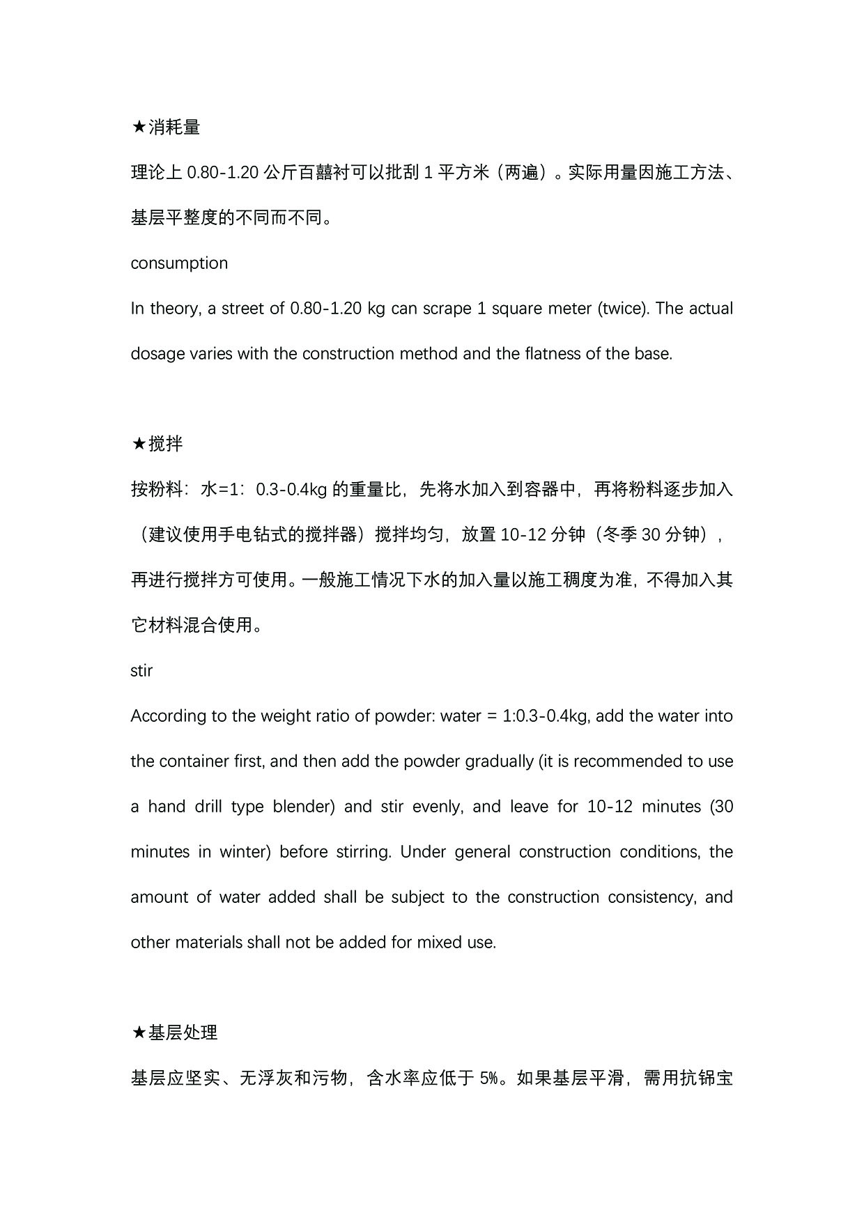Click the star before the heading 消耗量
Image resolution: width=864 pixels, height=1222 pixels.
pos(139,127)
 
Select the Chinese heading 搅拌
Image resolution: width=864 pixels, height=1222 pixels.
pos(166,444)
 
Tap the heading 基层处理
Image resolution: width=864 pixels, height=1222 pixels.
pos(183,1032)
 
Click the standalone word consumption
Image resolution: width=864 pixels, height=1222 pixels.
pos(179,263)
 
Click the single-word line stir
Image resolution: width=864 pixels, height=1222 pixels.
pos(141,671)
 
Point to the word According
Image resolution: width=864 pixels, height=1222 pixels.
pos(164,716)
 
